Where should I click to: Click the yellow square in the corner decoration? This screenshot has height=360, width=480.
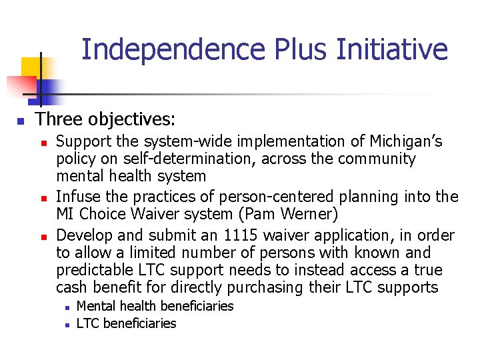(32, 67)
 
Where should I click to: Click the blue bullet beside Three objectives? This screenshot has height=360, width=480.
(21, 121)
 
